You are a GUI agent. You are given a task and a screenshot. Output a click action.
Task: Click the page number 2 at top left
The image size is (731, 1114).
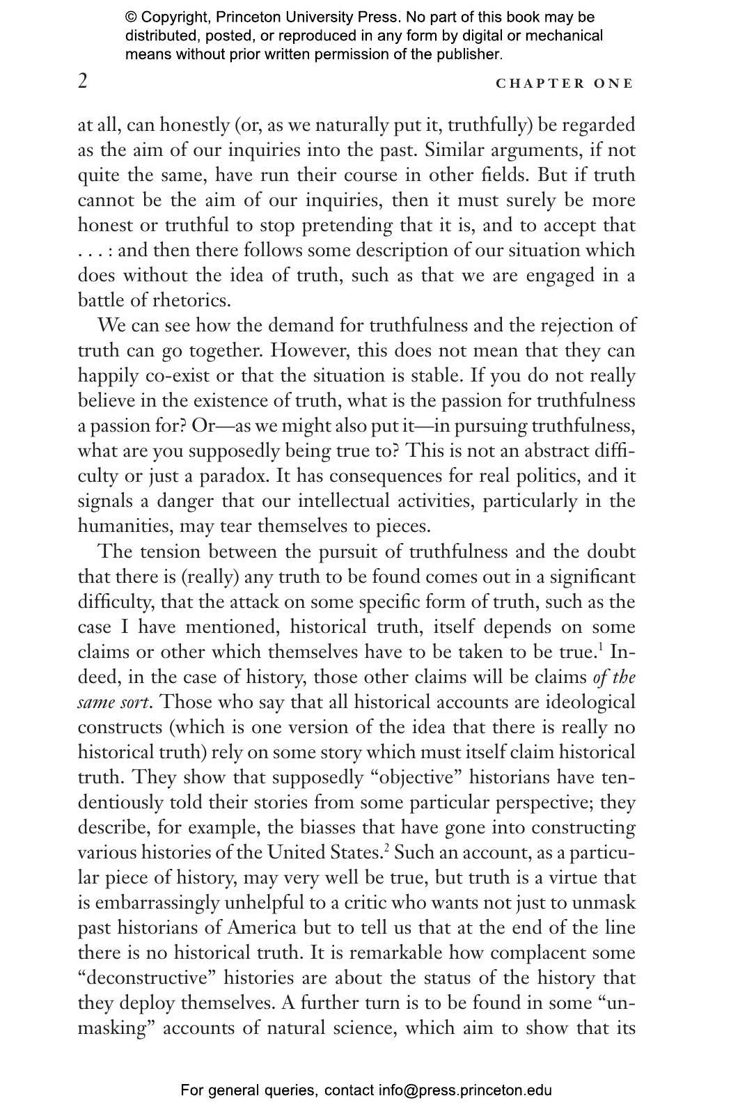(83, 81)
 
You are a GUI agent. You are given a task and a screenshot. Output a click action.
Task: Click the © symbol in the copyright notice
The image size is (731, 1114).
(131, 17)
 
